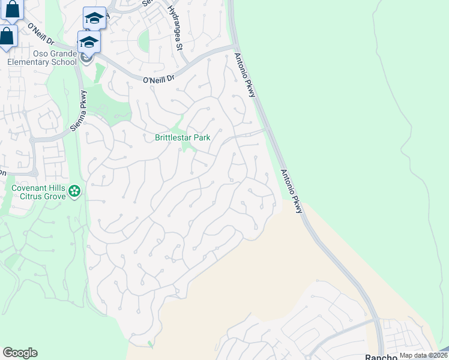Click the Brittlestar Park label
[182, 137]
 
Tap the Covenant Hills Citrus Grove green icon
[74, 191]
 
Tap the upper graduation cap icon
[94, 18]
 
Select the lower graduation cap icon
[88, 42]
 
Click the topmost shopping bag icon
[12, 8]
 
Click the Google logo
[20, 353]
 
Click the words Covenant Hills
[38, 187]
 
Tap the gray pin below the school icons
[86, 58]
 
